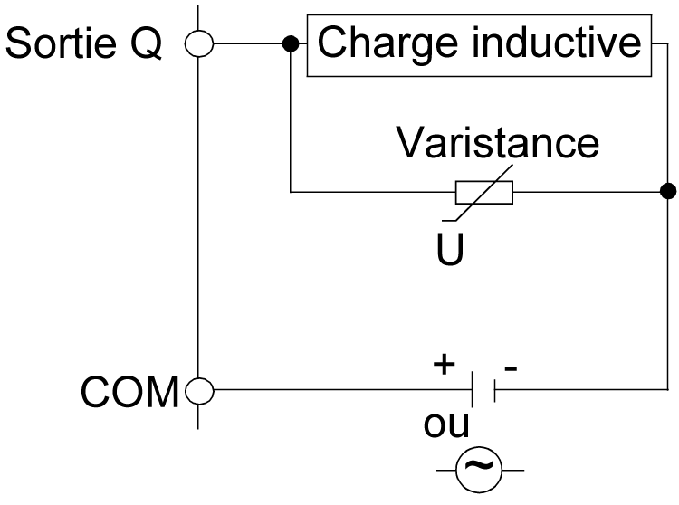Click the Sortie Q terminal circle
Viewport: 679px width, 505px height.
[x=198, y=43]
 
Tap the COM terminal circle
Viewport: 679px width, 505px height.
[x=198, y=391]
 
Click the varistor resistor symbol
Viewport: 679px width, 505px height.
[x=483, y=192]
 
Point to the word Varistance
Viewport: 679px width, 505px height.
[x=499, y=143]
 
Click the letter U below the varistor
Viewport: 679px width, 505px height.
[x=450, y=249]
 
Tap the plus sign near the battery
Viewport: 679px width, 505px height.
[x=444, y=364]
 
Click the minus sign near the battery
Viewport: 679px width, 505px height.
[x=512, y=367]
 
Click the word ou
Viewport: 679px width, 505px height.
[x=446, y=424]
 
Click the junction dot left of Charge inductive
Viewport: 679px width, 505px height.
[x=291, y=43]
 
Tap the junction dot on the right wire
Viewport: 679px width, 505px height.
[x=667, y=191]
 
